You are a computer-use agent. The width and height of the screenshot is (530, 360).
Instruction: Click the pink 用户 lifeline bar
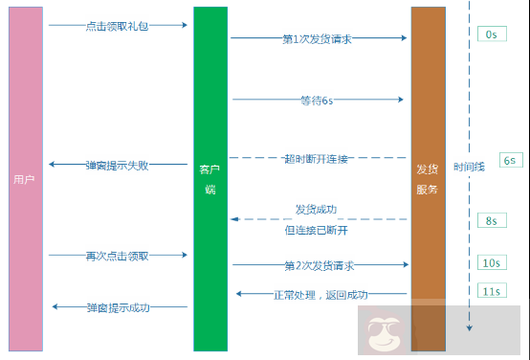point(26,178)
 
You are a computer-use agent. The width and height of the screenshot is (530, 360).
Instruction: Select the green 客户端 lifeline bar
point(210,178)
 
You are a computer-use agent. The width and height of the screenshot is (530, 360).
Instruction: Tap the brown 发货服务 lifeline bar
point(428,178)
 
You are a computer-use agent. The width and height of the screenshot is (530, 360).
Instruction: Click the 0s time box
point(491,34)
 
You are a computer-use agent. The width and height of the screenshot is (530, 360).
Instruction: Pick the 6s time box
point(509,160)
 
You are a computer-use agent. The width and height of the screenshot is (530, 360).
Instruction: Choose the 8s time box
point(491,220)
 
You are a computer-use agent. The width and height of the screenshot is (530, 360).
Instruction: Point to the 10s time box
point(491,262)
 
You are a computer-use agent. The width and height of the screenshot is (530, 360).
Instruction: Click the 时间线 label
point(470,165)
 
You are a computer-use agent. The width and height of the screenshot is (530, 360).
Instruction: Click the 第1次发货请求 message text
point(319,39)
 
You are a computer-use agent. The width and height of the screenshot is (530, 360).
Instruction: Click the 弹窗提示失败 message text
point(118,165)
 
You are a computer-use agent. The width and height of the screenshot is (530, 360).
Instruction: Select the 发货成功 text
point(316,209)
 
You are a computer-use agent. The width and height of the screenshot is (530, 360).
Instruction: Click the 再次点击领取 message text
point(118,256)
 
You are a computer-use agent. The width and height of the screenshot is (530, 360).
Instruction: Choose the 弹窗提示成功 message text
point(118,307)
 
